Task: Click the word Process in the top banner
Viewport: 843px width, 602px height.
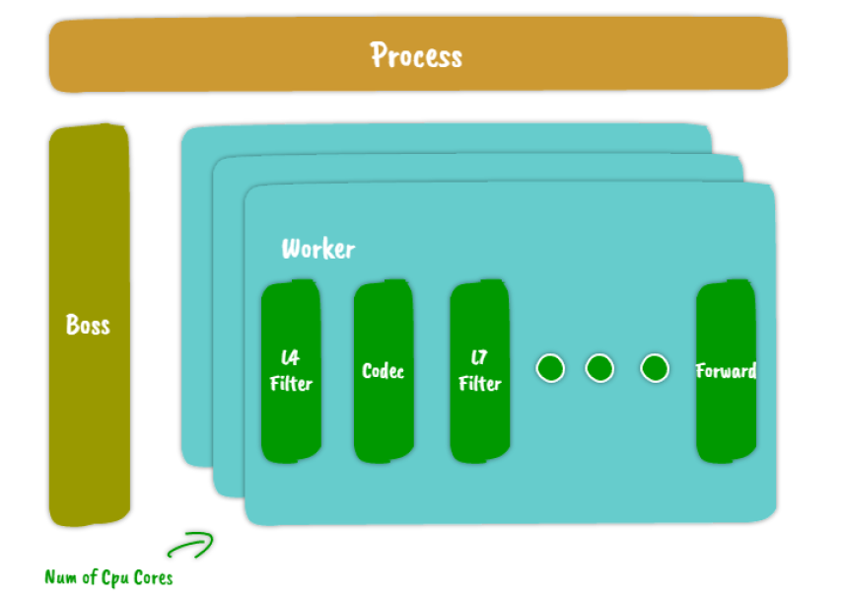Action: pos(416,55)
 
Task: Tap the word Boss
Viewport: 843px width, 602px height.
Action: pos(88,325)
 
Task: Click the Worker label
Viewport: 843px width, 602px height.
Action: pos(317,249)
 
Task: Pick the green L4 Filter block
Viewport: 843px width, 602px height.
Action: pos(291,414)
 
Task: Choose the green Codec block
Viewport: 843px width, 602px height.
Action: pos(383,414)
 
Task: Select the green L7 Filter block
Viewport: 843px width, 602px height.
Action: pos(479,414)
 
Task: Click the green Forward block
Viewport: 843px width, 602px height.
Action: pos(726,414)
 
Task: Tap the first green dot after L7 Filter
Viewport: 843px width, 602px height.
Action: pos(550,369)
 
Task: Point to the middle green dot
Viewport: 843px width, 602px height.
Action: pos(599,369)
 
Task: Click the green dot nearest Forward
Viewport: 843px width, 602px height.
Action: pos(655,369)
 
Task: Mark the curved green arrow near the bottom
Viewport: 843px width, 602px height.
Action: pos(189,545)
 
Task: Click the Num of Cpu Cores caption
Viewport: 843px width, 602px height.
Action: pos(108,577)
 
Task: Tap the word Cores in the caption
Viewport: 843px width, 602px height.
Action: pos(153,577)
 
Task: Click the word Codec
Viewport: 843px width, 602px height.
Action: pos(383,372)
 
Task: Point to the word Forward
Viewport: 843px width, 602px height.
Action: pos(726,372)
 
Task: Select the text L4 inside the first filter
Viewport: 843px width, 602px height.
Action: pos(291,358)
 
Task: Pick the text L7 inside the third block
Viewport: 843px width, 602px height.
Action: pos(480,358)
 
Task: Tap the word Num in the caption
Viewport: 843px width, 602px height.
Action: pos(60,577)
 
